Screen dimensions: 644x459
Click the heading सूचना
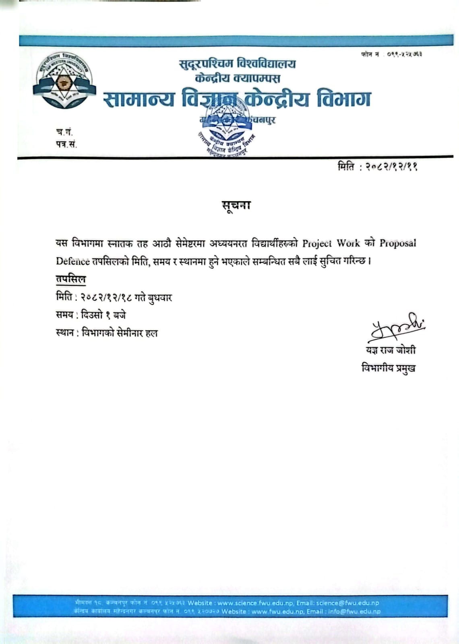click(x=236, y=206)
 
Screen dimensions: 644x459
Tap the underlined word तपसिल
click(x=71, y=279)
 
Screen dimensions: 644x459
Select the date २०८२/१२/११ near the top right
click(x=391, y=167)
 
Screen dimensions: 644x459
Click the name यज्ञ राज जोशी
click(x=391, y=350)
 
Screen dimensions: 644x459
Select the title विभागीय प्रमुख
click(x=389, y=368)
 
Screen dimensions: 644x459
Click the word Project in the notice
click(x=317, y=243)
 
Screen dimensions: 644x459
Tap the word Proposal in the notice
click(x=398, y=243)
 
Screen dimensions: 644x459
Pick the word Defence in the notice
click(x=73, y=261)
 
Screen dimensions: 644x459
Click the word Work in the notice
click(x=348, y=243)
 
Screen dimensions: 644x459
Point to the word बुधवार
click(x=159, y=297)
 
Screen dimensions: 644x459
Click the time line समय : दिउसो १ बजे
click(x=91, y=315)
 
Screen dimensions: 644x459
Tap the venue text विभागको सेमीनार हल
click(x=120, y=333)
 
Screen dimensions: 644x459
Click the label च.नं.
click(x=64, y=132)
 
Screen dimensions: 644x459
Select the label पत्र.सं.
click(x=66, y=144)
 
